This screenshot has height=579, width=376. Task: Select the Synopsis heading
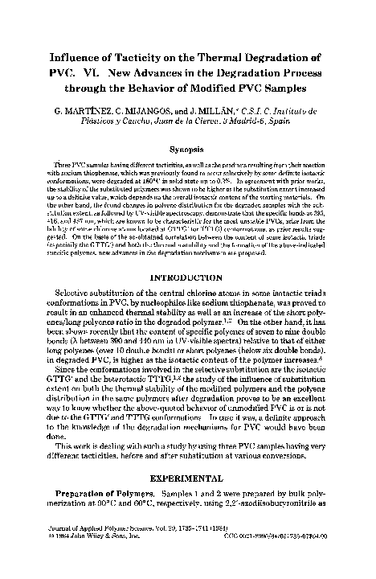click(188, 149)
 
